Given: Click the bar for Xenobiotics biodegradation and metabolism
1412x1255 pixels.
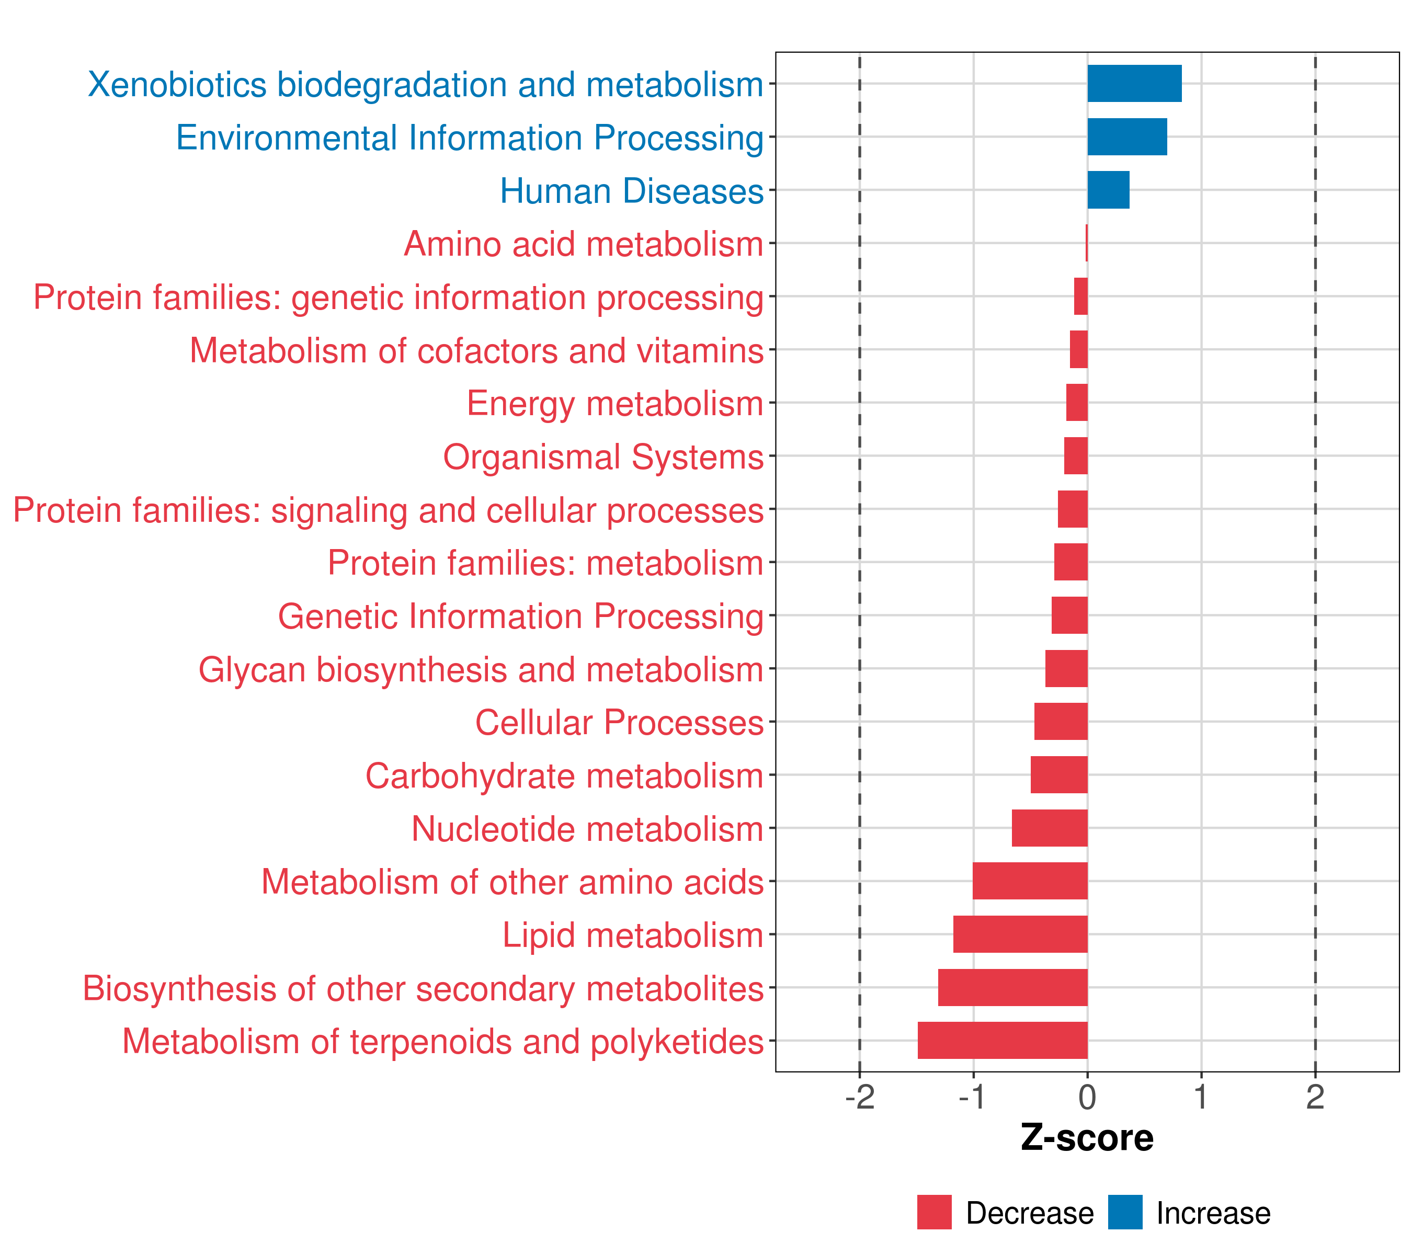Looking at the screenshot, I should (x=1134, y=84).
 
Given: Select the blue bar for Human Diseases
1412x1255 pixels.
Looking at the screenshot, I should (x=1108, y=190).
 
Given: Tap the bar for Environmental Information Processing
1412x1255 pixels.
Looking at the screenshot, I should (x=1126, y=137).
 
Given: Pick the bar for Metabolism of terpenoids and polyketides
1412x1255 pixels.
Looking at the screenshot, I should (x=1003, y=1040).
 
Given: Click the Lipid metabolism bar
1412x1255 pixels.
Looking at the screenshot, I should (x=1020, y=934).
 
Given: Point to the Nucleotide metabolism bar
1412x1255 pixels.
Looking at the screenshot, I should (x=1050, y=827).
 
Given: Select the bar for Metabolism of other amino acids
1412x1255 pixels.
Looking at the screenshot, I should (x=1030, y=881).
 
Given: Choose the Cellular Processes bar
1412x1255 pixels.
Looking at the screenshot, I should (x=1061, y=721).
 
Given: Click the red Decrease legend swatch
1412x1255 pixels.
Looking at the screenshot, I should (x=934, y=1212).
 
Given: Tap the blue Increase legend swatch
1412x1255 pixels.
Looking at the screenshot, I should (x=1124, y=1212).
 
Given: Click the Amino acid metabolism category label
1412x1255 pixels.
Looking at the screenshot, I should (x=583, y=244).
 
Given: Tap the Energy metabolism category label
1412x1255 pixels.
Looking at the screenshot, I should (x=615, y=403).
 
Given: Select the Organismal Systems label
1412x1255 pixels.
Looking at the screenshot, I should (x=603, y=457).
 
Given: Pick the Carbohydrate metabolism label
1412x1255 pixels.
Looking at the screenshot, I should (x=564, y=775).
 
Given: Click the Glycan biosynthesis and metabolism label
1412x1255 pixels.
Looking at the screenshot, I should (x=481, y=669).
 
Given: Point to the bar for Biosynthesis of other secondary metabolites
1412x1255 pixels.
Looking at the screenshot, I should (x=1012, y=987).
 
